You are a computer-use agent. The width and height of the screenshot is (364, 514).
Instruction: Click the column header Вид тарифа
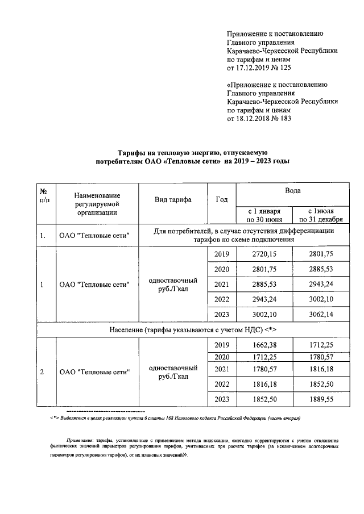173,200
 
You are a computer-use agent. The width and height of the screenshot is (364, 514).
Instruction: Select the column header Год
222,200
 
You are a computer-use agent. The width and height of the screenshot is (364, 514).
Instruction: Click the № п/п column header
44,196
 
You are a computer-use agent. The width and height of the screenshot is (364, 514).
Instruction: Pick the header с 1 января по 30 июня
263,215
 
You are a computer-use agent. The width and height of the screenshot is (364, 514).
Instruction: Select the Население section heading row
191,329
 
